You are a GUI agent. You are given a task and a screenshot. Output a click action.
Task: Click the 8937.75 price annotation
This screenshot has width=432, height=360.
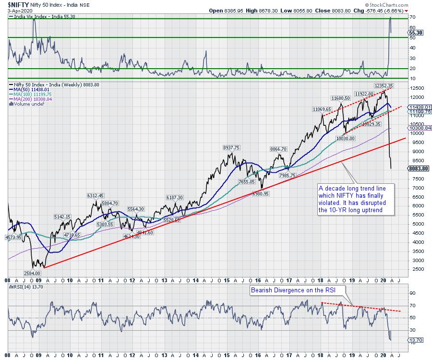point(231,147)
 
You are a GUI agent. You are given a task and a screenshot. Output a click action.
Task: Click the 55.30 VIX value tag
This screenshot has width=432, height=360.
point(416,32)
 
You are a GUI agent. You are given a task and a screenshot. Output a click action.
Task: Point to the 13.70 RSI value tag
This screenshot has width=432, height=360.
point(415,340)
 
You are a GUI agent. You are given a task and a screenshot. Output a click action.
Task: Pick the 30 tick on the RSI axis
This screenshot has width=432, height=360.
point(411,330)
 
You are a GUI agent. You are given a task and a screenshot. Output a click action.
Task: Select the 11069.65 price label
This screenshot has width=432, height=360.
point(322,109)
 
